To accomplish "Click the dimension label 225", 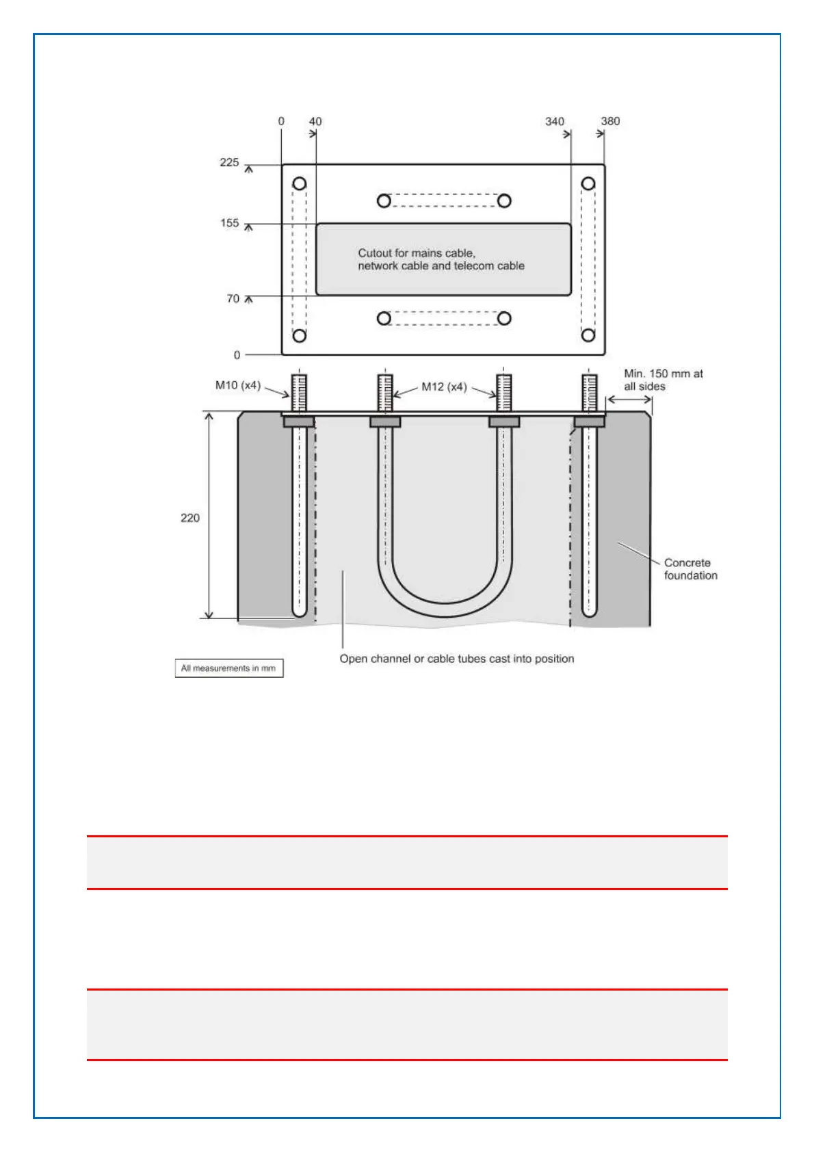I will tap(229, 163).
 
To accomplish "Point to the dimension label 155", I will tap(229, 223).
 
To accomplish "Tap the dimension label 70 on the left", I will tap(233, 299).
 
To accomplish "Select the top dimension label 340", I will tap(555, 122).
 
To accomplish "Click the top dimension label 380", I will tap(610, 122).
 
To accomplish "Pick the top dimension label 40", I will tap(315, 122).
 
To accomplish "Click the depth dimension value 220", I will tap(190, 518).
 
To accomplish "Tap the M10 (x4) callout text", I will tap(237, 385).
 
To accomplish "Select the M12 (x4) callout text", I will tap(444, 387).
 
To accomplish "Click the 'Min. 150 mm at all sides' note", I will tap(663, 380).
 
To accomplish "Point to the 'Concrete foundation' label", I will tap(690, 569).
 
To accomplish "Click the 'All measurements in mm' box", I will tap(228, 668).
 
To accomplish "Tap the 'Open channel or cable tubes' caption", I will tap(457, 659).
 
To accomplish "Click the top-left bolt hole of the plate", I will tap(300, 184).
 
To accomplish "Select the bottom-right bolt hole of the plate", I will tap(588, 335).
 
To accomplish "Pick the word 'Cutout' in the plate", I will tap(375, 253).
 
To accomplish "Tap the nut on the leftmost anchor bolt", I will tap(299, 422).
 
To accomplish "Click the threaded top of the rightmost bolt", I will tap(589, 392).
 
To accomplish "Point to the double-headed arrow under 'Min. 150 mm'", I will tap(629, 400).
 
